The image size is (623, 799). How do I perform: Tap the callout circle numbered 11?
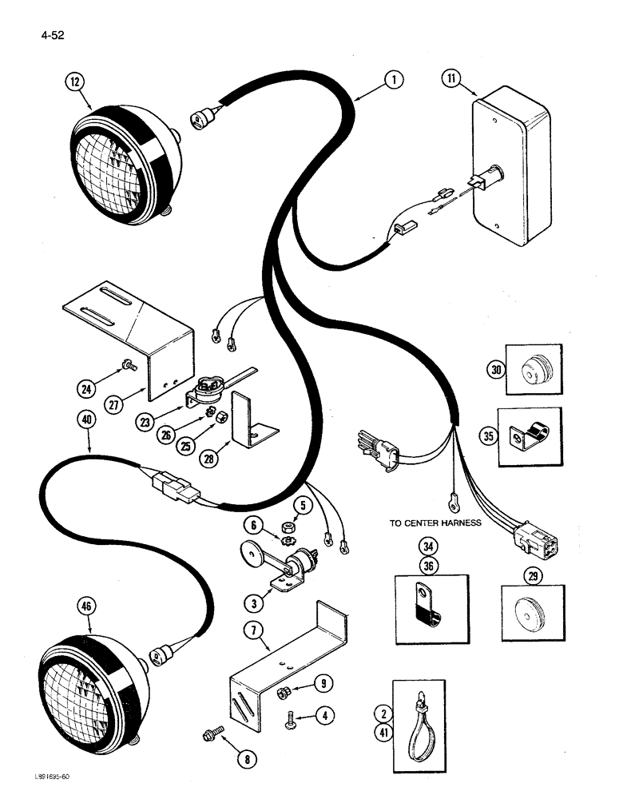(x=454, y=79)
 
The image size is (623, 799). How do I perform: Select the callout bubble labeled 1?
(x=391, y=79)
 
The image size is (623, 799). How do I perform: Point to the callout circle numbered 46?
(x=86, y=606)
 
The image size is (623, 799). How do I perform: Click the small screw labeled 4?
(x=293, y=722)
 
